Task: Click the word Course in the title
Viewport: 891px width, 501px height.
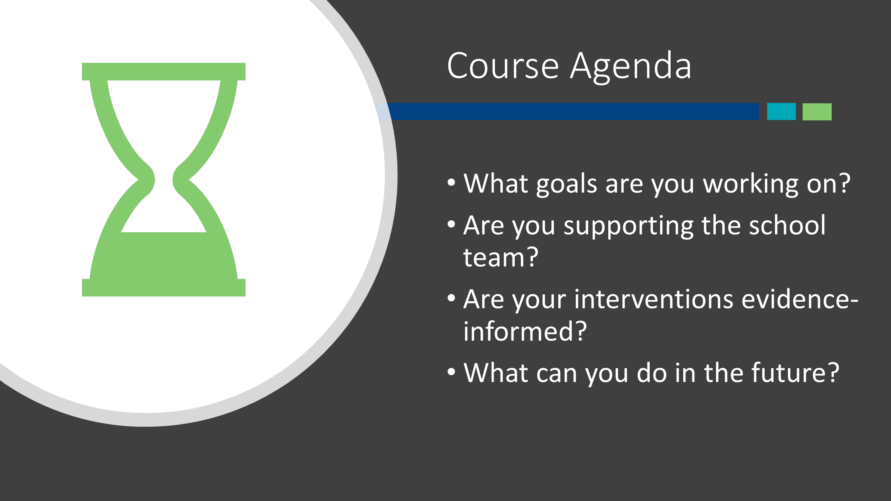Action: click(503, 66)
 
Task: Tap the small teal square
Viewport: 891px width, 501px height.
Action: click(781, 111)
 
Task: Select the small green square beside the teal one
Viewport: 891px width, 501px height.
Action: click(817, 111)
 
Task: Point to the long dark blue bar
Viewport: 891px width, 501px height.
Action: click(567, 111)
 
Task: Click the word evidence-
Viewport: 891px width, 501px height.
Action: click(800, 299)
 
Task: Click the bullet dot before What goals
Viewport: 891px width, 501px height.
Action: click(452, 183)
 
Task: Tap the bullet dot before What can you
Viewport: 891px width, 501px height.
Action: click(452, 372)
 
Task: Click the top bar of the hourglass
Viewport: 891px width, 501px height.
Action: click(164, 72)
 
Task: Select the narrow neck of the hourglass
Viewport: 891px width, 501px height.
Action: click(164, 180)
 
